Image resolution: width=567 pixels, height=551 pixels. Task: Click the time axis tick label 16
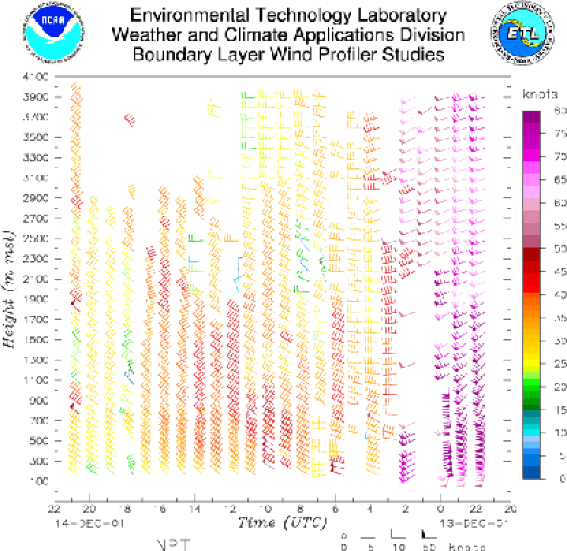[x=159, y=509]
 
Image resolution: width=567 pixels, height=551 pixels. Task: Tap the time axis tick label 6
[x=335, y=509]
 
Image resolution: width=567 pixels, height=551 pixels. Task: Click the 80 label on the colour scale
[x=560, y=111]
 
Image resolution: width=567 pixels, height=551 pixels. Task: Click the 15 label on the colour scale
[x=560, y=409]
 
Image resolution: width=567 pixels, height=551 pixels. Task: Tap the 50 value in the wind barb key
[x=429, y=547]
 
